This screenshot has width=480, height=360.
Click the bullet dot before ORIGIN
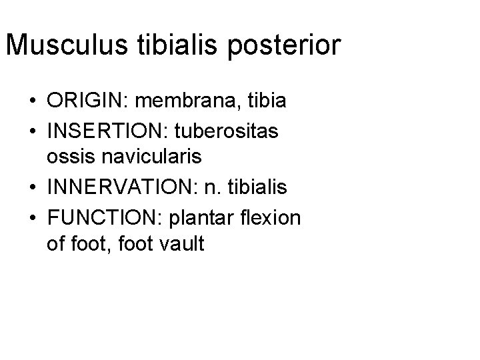[x=32, y=102]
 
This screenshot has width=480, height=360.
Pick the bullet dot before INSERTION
[x=32, y=131]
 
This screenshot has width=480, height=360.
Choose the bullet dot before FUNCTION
[x=32, y=217]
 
